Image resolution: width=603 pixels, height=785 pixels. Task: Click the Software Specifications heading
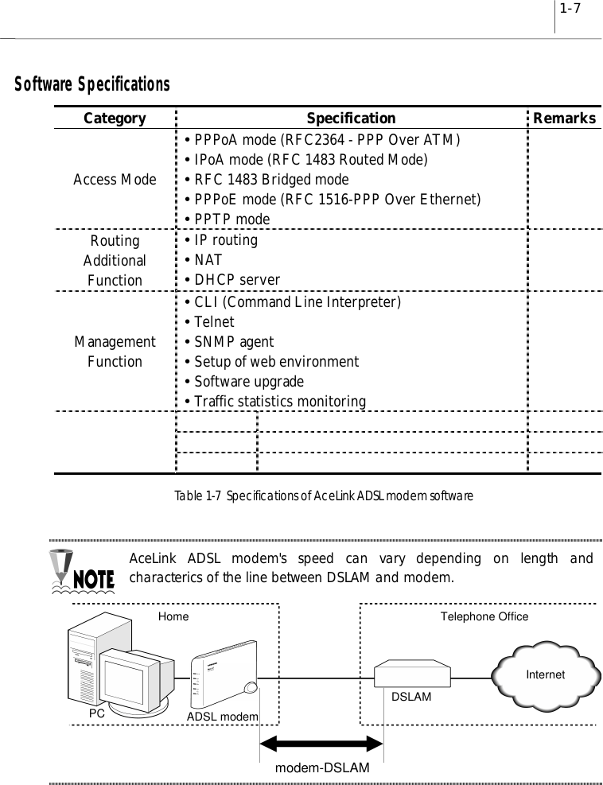(x=88, y=84)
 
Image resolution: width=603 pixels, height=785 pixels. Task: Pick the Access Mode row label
(x=115, y=180)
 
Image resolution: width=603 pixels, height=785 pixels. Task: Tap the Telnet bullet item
(x=213, y=322)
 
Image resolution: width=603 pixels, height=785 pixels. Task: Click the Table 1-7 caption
(x=325, y=495)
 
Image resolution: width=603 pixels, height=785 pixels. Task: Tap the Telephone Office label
(x=484, y=616)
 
